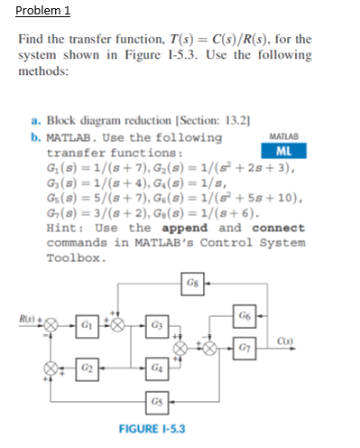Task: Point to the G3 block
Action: pyautogui.click(x=154, y=322)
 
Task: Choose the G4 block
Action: pyautogui.click(x=154, y=369)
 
